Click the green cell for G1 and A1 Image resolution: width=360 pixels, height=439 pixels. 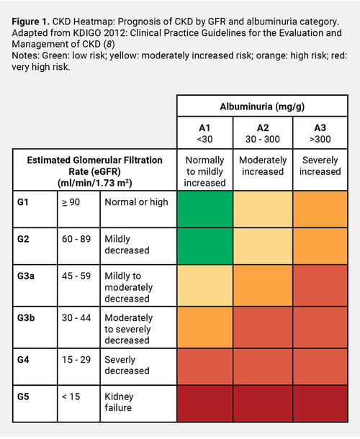pyautogui.click(x=205, y=209)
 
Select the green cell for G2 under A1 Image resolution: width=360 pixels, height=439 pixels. pyautogui.click(x=205, y=246)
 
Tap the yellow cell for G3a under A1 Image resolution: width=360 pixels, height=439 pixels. pyautogui.click(x=205, y=286)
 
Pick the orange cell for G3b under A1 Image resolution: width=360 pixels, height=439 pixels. pyautogui.click(x=205, y=327)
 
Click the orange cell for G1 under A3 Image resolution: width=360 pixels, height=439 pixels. pyautogui.click(x=320, y=209)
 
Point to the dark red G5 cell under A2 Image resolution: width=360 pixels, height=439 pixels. pyautogui.click(x=263, y=404)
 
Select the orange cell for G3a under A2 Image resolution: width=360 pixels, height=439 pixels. pyautogui.click(x=263, y=286)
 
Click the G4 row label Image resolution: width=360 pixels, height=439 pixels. pyautogui.click(x=23, y=360)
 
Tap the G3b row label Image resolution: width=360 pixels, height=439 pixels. pyautogui.click(x=26, y=318)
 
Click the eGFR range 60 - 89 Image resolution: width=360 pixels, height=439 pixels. pyautogui.click(x=76, y=239)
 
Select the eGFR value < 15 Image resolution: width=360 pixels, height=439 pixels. pyautogui.click(x=71, y=397)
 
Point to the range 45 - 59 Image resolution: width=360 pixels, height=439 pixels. pyautogui.click(x=76, y=276)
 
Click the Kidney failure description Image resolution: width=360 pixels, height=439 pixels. pyautogui.click(x=119, y=402)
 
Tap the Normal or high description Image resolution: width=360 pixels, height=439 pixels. pyautogui.click(x=136, y=202)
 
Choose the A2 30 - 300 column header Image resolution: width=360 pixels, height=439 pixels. pyautogui.click(x=263, y=133)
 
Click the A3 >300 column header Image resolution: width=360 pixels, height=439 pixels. pyautogui.click(x=320, y=133)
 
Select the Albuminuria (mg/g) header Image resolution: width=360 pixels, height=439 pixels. pyautogui.click(x=262, y=107)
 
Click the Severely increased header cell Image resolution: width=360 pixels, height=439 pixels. pyautogui.click(x=320, y=166)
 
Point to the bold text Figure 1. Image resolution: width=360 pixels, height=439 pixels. pyautogui.click(x=30, y=22)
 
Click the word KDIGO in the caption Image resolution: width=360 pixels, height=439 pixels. pyautogui.click(x=86, y=33)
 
